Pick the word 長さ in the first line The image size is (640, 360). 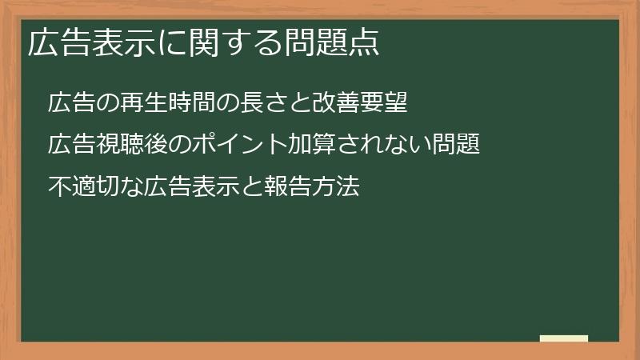250,104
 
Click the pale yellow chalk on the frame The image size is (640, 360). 564,338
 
